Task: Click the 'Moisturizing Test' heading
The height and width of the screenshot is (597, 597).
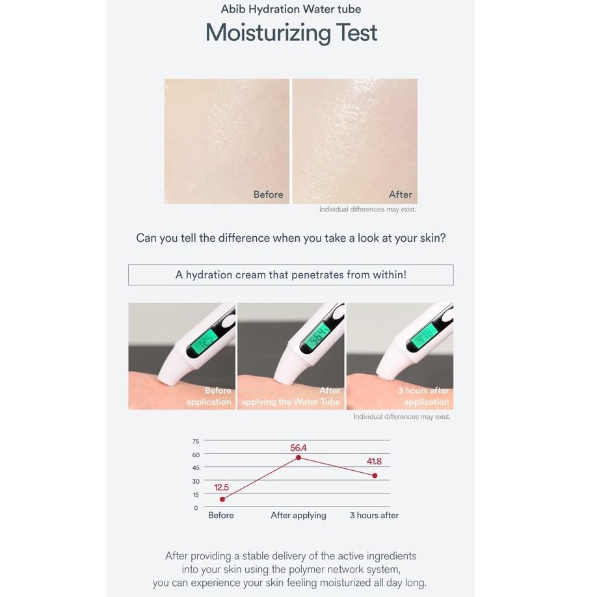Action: click(291, 33)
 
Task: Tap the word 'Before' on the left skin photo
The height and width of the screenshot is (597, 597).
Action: click(269, 194)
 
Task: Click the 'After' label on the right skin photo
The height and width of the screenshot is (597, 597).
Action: click(401, 194)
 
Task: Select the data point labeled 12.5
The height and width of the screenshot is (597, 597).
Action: click(222, 499)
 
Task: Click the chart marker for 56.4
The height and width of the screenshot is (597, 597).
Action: click(298, 457)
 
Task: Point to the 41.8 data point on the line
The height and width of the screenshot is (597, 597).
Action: click(375, 475)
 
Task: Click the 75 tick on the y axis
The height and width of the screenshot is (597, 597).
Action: click(196, 442)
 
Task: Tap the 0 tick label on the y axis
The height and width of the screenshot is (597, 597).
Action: click(196, 507)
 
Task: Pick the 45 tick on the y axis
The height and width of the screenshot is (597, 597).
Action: click(196, 468)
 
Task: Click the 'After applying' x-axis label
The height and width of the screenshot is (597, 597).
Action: click(298, 516)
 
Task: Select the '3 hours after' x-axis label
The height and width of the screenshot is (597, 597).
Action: click(375, 515)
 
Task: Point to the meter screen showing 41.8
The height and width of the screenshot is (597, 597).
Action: click(423, 335)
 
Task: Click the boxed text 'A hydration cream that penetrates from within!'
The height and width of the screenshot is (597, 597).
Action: click(291, 275)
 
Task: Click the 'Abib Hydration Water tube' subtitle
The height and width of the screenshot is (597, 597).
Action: click(291, 9)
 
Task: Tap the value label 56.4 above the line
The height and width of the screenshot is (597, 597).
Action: click(298, 447)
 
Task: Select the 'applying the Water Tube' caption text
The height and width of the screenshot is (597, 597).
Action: click(291, 402)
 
